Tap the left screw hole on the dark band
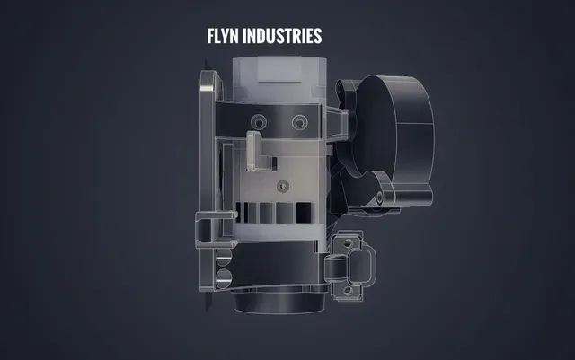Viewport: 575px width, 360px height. pyautogui.click(x=259, y=122)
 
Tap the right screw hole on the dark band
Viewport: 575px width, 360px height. pyautogui.click(x=299, y=122)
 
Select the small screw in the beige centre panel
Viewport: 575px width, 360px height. pyautogui.click(x=283, y=186)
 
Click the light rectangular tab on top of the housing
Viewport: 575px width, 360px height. pyautogui.click(x=279, y=69)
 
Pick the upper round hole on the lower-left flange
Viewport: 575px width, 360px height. pyautogui.click(x=224, y=257)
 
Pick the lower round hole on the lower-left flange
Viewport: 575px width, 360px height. pyautogui.click(x=224, y=278)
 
